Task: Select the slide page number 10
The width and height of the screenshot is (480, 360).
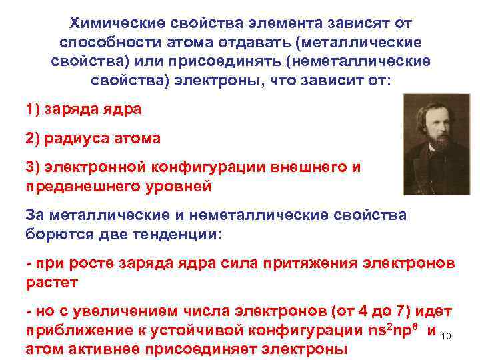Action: pos(447,335)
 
